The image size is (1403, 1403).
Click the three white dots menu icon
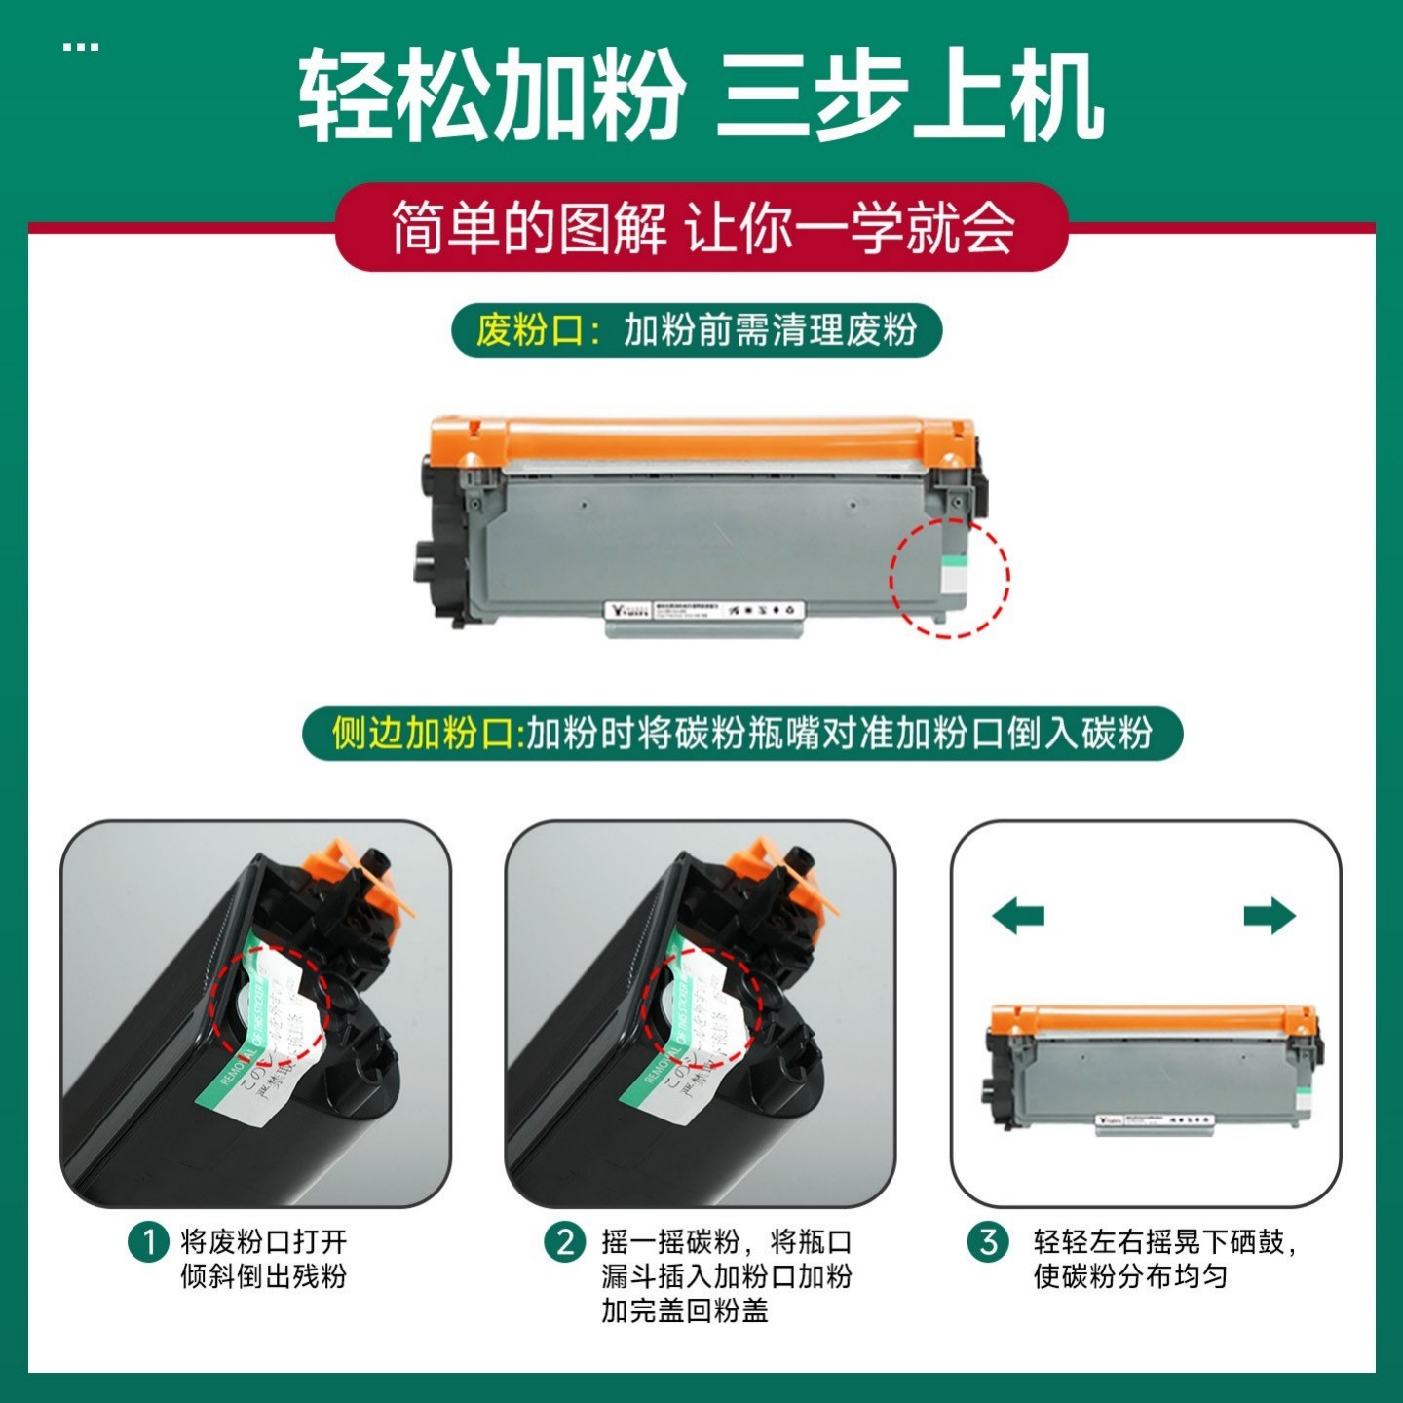point(80,46)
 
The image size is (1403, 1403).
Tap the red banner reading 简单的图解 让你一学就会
point(701,228)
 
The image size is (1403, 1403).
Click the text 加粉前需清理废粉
point(770,330)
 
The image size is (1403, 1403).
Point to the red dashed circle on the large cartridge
point(949,577)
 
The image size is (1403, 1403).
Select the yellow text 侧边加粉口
point(421,733)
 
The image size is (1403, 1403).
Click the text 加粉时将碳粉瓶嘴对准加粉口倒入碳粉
point(838,733)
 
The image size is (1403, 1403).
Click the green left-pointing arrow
point(1018,916)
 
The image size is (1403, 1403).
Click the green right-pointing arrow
point(1269,916)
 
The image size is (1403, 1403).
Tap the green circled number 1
point(149,1243)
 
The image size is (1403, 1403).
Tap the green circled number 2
point(565,1243)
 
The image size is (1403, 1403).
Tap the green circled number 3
point(988,1243)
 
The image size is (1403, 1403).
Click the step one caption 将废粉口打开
point(263,1242)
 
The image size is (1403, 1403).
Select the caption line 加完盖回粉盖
point(684,1310)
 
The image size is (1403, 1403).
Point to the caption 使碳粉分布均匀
point(1130,1276)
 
